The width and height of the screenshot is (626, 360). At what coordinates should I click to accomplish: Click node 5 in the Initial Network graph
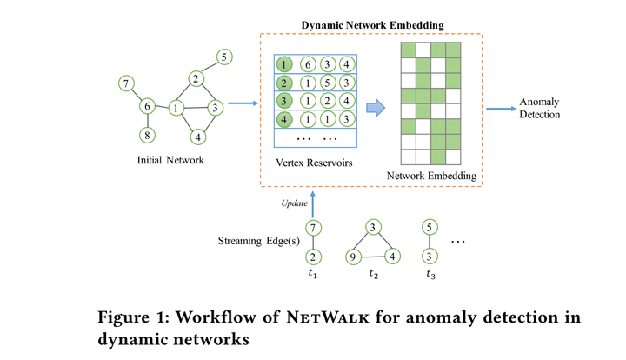(223, 57)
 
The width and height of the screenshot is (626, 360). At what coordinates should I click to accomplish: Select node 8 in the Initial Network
(147, 135)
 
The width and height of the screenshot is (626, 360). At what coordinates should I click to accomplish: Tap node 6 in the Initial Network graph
(147, 106)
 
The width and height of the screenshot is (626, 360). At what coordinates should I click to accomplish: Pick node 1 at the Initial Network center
(176, 109)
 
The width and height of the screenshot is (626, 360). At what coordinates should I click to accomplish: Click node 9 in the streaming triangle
(353, 257)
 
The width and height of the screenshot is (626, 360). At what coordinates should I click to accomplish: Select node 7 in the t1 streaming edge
(316, 229)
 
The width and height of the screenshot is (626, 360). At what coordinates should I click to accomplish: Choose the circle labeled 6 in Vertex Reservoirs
(306, 64)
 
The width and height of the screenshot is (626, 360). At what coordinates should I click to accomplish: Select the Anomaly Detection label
(539, 108)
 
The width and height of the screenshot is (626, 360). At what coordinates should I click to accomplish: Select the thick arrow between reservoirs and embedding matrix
(375, 108)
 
